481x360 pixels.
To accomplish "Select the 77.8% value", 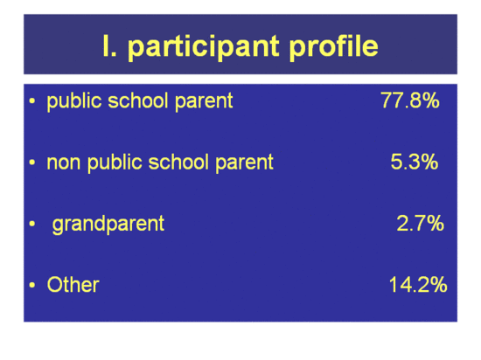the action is (410, 100).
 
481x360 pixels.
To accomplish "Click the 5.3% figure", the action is (415, 162).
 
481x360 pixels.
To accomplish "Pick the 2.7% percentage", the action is (420, 223).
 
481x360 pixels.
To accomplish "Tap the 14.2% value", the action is (418, 284).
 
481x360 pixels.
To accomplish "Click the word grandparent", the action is (108, 225).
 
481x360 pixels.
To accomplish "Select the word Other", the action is (73, 285).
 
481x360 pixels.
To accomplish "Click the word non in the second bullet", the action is (64, 163).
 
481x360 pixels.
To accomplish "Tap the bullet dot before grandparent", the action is (32, 224).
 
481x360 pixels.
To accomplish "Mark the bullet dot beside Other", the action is (32, 285).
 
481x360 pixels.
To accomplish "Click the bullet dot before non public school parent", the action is (32, 163).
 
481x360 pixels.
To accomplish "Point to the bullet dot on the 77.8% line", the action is (32, 101).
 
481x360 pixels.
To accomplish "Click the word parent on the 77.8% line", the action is (204, 101).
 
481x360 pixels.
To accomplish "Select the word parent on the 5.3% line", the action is (244, 163).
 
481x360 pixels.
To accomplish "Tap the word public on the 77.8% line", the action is (74, 101).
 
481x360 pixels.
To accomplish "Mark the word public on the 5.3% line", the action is (115, 163).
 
